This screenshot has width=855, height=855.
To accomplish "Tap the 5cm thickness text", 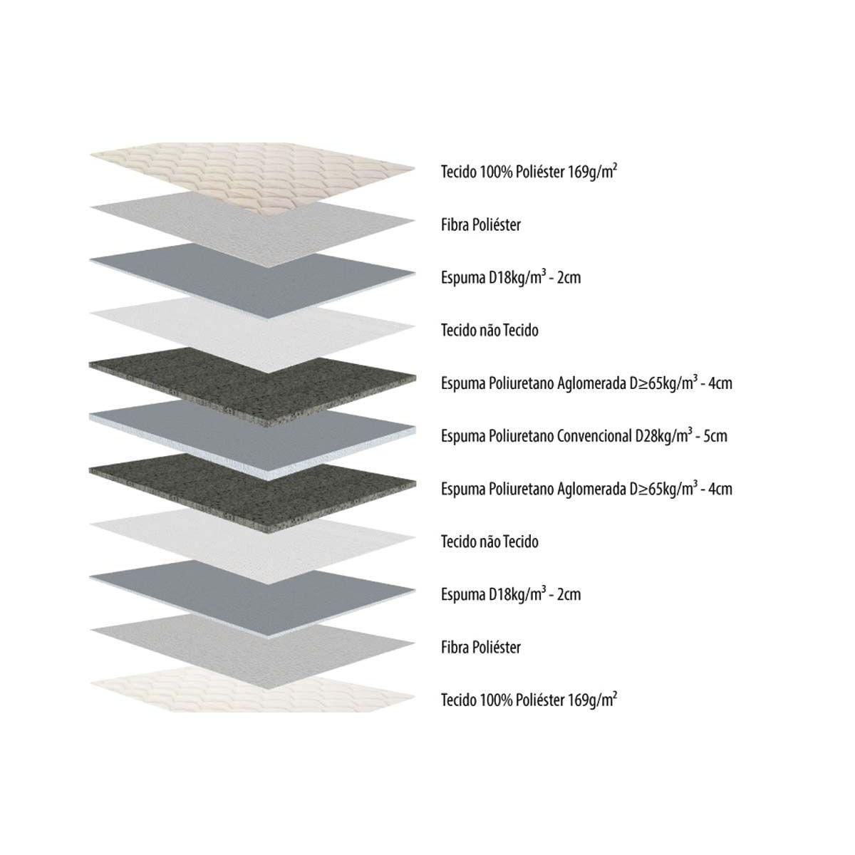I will pos(715,435).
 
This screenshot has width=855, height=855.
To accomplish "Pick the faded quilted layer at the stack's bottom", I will pos(249,693).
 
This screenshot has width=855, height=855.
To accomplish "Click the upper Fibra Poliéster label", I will pos(481,225).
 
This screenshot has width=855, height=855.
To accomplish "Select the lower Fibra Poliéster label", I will pos(481,648).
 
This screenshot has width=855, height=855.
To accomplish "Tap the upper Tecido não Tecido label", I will pos(489,331).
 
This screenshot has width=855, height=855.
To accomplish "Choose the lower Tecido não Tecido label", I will pos(489,542).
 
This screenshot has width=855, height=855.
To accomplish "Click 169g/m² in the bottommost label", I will pos(593,700).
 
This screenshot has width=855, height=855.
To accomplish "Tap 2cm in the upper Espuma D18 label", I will pos(567,278).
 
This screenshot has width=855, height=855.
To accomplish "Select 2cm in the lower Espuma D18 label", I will pos(567,594).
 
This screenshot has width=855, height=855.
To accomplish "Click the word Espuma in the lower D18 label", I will pos(462,594).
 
